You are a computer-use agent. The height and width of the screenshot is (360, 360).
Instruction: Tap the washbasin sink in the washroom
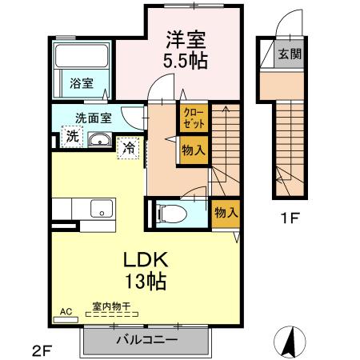(x=100, y=142)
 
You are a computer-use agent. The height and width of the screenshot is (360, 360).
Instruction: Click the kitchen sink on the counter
(x=102, y=209)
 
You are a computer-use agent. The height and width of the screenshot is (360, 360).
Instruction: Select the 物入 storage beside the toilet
(x=225, y=212)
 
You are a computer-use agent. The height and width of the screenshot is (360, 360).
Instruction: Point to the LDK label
(x=144, y=260)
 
